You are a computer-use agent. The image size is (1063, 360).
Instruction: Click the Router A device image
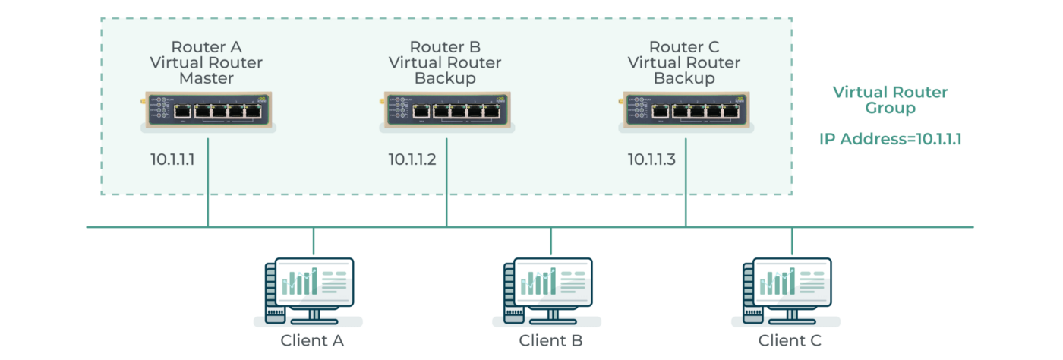click(208, 111)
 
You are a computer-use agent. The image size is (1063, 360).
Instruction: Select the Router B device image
click(447, 111)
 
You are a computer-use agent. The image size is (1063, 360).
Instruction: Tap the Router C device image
click(686, 111)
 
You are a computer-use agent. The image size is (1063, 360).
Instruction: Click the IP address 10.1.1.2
click(412, 159)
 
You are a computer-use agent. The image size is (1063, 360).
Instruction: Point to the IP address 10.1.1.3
click(651, 159)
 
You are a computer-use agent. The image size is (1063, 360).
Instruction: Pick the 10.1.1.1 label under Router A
click(172, 159)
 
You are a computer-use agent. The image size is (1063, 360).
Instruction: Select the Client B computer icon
click(547, 292)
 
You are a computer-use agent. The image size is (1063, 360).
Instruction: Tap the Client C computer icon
click(787, 292)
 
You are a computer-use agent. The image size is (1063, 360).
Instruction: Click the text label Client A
click(312, 340)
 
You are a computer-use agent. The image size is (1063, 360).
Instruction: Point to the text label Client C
click(790, 340)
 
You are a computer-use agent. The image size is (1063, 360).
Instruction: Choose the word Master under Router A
click(207, 78)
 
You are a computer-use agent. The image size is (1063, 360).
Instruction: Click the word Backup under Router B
click(445, 78)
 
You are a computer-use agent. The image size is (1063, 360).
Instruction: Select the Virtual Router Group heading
click(890, 99)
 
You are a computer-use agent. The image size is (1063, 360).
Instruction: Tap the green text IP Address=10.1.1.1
click(890, 139)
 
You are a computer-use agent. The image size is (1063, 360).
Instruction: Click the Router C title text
click(684, 47)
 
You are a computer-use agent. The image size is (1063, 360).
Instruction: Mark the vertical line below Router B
click(446, 182)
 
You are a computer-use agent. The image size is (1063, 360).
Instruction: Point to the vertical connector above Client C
click(791, 242)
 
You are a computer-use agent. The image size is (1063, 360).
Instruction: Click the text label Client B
click(550, 340)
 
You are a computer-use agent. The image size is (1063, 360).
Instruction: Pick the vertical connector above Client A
click(313, 242)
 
